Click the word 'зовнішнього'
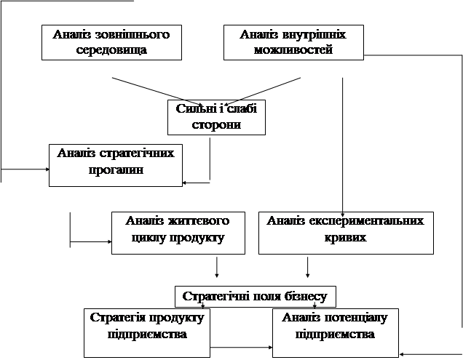[x=132, y=35]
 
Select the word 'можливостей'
[x=293, y=49]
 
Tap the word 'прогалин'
[x=116, y=169]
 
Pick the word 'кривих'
[x=346, y=237]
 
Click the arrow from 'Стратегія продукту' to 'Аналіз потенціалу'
[x=241, y=348]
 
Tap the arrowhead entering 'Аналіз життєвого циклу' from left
[x=110, y=241]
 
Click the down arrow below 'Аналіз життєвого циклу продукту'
[x=217, y=267]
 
